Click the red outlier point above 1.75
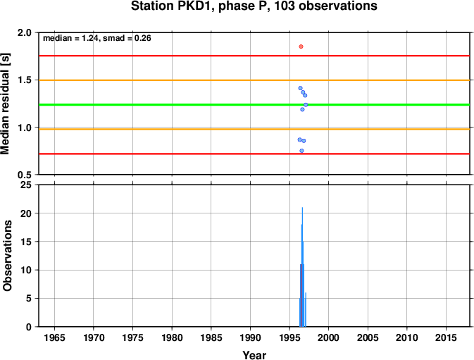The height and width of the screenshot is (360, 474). click(301, 46)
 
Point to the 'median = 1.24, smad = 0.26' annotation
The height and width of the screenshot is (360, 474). click(97, 38)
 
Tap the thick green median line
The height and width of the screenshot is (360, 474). click(254, 104)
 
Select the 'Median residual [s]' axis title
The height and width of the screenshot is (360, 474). click(6, 104)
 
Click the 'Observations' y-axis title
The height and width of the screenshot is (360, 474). click(7, 256)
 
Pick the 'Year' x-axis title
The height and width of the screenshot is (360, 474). click(254, 355)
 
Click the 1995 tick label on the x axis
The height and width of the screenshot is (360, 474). click(289, 337)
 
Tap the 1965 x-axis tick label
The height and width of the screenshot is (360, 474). click(54, 337)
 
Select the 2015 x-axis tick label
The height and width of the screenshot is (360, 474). click(446, 337)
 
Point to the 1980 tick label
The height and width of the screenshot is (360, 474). click(172, 337)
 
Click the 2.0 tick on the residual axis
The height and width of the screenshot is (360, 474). click(25, 32)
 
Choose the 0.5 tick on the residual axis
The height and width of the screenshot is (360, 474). click(25, 175)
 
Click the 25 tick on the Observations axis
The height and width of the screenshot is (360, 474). click(26, 185)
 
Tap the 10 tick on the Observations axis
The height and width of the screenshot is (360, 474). click(26, 270)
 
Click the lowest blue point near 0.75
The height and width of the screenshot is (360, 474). click(301, 151)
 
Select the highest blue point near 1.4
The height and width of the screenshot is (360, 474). click(300, 88)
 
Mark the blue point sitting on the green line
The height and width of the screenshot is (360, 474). click(306, 104)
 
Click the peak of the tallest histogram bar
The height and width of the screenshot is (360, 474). click(302, 208)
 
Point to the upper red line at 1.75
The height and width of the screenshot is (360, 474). click(254, 56)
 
